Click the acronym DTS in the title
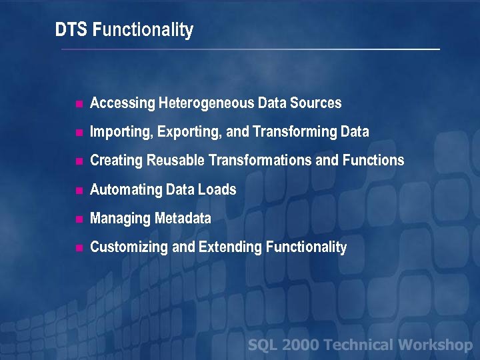[72, 30]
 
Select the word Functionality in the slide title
[143, 31]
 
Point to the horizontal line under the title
[250, 49]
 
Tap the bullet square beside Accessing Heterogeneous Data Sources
[79, 104]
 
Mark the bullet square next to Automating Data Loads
[79, 191]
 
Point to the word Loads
[217, 190]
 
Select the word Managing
[120, 219]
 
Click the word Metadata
[183, 219]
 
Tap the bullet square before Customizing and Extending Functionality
[79, 248]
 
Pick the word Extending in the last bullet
[231, 247]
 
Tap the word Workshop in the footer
[435, 345]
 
